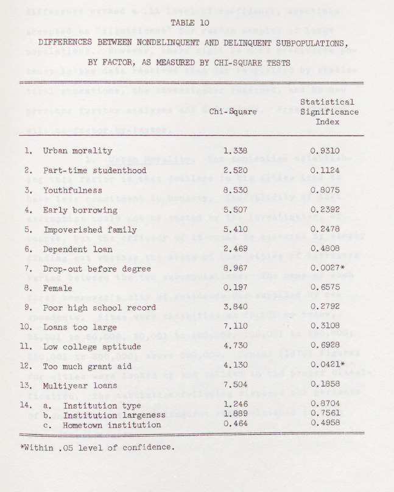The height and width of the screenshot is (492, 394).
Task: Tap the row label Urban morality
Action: (77, 150)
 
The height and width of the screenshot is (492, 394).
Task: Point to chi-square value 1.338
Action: (235, 150)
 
